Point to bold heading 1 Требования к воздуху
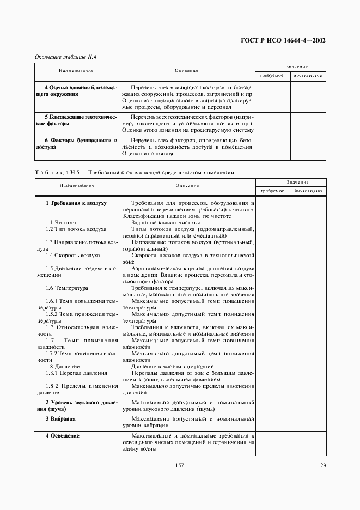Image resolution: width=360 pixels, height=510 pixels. tap(76, 203)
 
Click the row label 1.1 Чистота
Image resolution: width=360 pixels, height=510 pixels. tap(60, 222)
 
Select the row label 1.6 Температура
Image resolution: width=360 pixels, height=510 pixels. tap(67, 287)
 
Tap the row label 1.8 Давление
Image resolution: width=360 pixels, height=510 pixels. tap(63, 366)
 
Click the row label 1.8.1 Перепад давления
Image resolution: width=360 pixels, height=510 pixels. tap(76, 373)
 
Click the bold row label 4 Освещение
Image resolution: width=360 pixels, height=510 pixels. tap(62, 436)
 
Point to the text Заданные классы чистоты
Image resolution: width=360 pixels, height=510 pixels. tap(166, 222)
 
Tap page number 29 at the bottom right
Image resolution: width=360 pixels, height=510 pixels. tap(322, 465)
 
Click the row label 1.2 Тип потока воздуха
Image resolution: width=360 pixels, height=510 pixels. tap(76, 229)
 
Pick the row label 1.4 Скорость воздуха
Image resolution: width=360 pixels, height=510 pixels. tap(72, 254)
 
